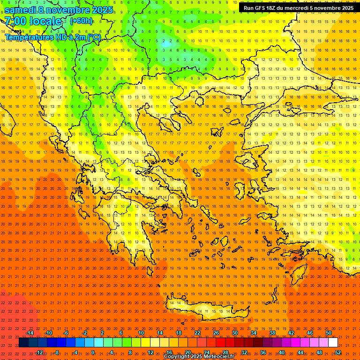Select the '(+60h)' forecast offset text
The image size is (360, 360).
[81, 21]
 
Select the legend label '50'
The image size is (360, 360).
[329, 333]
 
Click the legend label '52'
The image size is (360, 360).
[338, 352]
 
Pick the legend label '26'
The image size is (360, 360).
[216, 333]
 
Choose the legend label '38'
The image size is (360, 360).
[272, 333]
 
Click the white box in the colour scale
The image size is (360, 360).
[333, 343]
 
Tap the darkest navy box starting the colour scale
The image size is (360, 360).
[23, 343]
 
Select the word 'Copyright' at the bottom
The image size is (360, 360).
[176, 357]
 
